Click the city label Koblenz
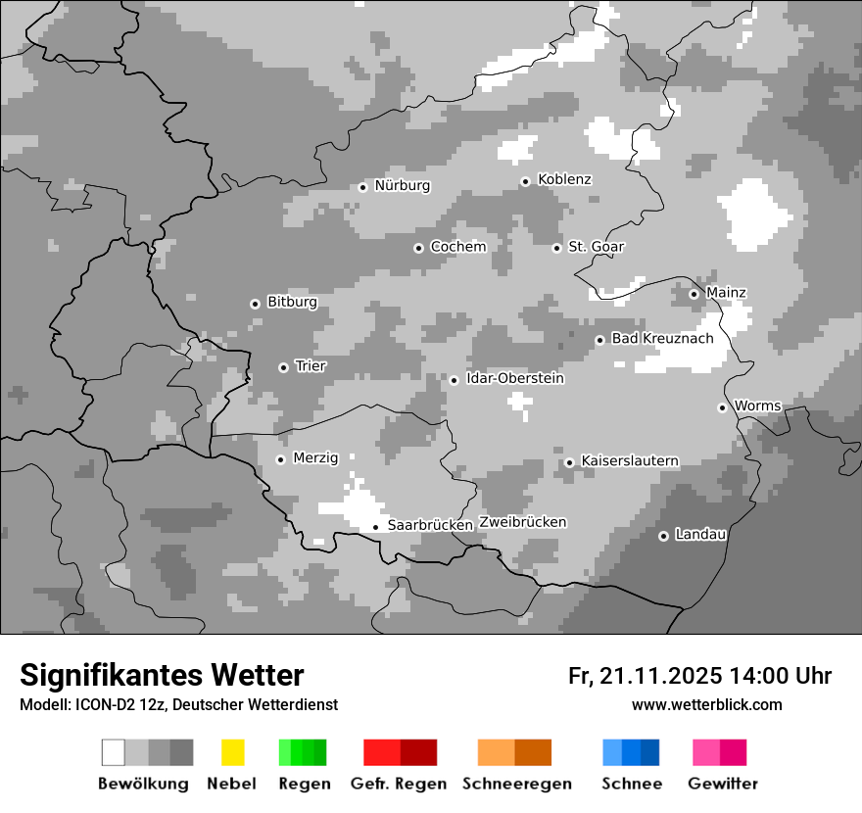click(564, 180)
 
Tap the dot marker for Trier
click(283, 367)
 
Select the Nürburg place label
click(402, 185)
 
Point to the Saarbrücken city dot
click(375, 527)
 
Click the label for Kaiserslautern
click(629, 461)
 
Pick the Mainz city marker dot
click(694, 294)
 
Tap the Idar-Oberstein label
click(515, 379)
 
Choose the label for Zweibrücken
click(522, 522)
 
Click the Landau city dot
click(663, 536)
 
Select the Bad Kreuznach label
click(662, 339)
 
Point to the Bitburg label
click(292, 303)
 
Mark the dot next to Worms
click(722, 407)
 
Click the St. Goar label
click(596, 247)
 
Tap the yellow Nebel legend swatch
click(232, 752)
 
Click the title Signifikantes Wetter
click(162, 676)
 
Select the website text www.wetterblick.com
click(706, 705)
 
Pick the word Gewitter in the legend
click(723, 784)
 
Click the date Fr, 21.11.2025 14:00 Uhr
click(699, 676)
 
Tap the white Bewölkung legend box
click(114, 752)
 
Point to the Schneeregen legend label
click(517, 784)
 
